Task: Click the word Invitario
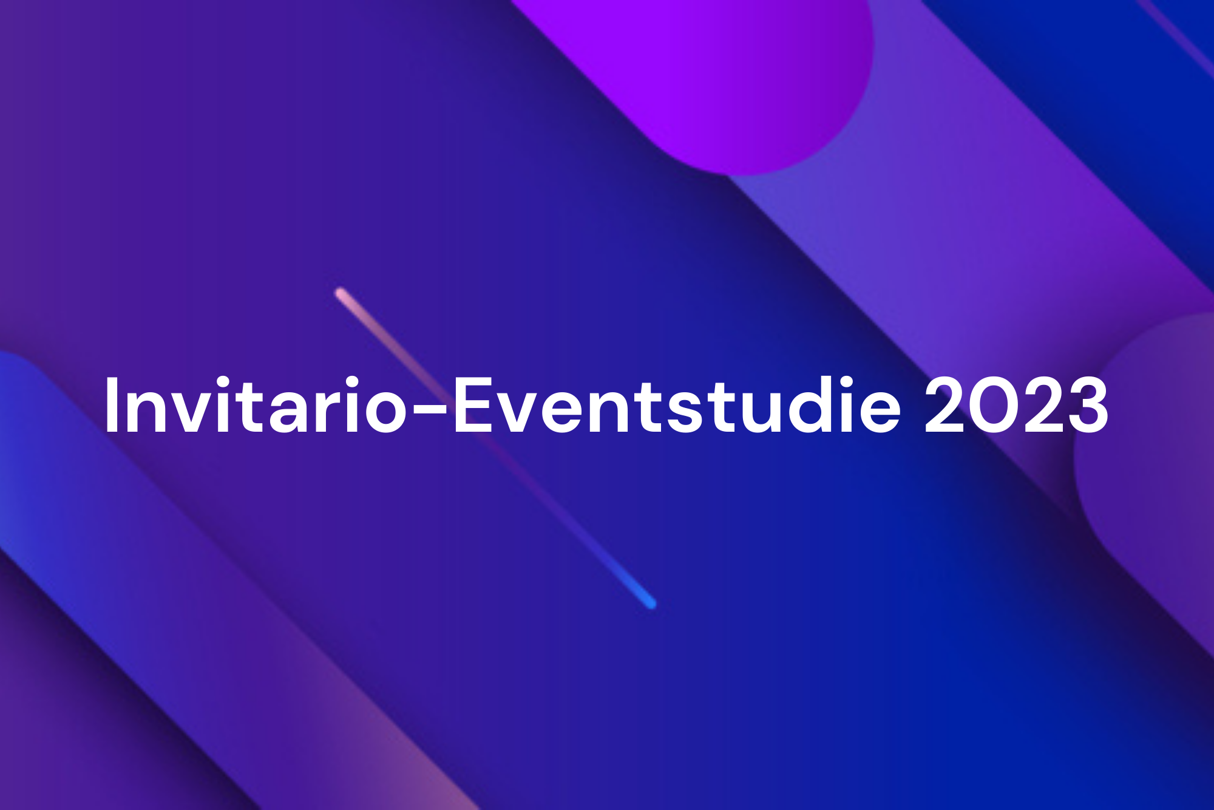[255, 406]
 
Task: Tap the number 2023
[1016, 406]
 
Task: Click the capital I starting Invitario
[110, 406]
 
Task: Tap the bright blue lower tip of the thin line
[651, 603]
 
